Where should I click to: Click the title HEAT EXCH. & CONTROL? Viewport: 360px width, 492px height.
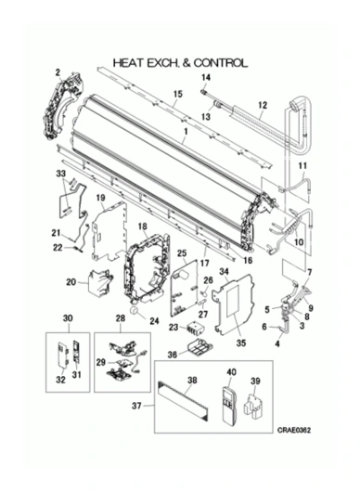click(x=180, y=63)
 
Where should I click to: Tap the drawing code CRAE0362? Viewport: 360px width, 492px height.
click(x=293, y=430)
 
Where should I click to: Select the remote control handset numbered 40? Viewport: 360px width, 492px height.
click(x=229, y=405)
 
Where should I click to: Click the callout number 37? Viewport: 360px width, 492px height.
click(x=136, y=406)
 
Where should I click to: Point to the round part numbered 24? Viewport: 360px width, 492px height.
click(x=135, y=311)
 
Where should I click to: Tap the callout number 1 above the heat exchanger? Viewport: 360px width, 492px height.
click(x=186, y=131)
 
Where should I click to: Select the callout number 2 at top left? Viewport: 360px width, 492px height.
click(x=58, y=72)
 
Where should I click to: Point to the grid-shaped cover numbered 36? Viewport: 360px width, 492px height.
click(x=199, y=347)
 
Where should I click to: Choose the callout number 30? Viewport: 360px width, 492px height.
click(x=68, y=317)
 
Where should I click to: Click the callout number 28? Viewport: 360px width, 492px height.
click(x=120, y=317)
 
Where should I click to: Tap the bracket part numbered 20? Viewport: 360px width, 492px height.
click(x=100, y=283)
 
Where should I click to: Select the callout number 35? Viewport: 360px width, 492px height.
click(x=241, y=343)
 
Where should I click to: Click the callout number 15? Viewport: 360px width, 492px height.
click(x=177, y=94)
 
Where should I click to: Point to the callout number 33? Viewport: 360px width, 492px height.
click(x=61, y=173)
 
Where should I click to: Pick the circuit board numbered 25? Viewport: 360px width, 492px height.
click(x=184, y=289)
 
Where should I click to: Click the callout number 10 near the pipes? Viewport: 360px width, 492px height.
click(x=299, y=242)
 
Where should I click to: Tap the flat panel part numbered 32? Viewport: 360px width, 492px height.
click(x=62, y=355)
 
